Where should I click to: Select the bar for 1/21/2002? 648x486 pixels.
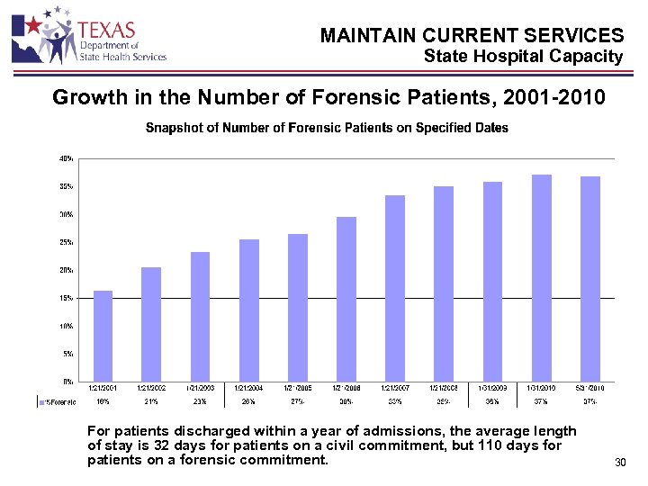point(151,323)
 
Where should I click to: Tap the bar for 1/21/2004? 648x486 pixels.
point(249,310)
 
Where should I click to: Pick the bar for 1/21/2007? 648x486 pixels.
point(395,288)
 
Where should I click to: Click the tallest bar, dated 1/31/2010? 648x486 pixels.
point(542,277)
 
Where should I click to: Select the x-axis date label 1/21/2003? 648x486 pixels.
point(200,387)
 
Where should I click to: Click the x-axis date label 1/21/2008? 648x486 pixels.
point(444,387)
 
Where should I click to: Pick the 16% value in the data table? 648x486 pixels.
point(103,400)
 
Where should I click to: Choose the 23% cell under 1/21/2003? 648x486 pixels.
point(200,400)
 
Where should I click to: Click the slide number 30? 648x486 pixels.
point(619,463)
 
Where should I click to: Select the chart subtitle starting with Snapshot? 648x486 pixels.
point(327,128)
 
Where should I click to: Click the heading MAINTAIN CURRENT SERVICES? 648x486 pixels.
point(472,36)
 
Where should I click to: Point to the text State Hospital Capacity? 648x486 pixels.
point(523,57)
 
